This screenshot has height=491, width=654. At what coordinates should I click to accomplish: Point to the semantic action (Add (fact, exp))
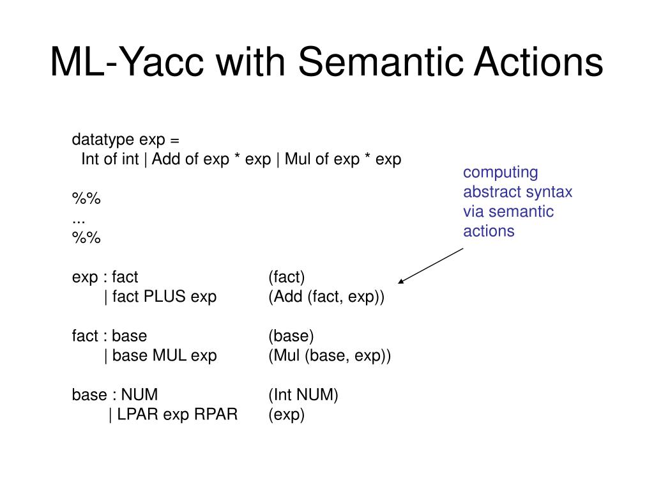(326, 297)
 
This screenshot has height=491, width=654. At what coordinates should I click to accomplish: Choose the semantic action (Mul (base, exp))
(329, 355)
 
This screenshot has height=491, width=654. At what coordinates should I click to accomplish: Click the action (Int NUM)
(303, 395)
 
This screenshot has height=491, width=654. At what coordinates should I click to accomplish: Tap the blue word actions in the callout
(489, 231)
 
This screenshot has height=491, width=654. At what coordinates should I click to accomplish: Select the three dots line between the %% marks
(79, 219)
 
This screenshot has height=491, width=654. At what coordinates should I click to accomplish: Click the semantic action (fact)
(287, 277)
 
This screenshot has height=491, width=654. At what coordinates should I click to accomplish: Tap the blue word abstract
(490, 192)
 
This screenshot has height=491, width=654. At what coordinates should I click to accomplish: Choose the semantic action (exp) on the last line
(286, 415)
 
